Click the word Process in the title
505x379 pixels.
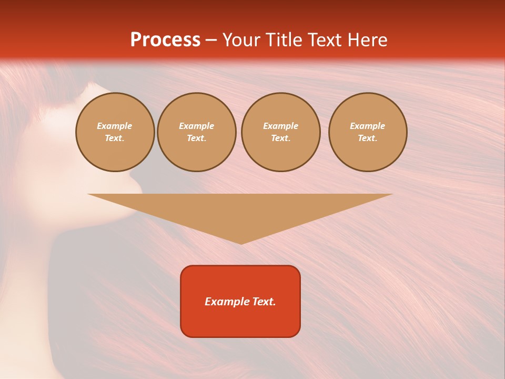tap(165, 40)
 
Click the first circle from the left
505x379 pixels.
tap(115, 132)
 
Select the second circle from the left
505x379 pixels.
tap(197, 132)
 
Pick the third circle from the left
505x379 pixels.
tap(280, 132)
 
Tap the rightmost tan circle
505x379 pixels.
tap(368, 132)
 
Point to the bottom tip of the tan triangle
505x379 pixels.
tap(241, 243)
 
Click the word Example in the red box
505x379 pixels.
tap(226, 302)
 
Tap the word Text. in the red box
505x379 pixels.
tap(263, 302)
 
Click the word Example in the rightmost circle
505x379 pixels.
tap(368, 126)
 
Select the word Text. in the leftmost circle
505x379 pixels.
tap(115, 138)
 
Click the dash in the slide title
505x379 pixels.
tap(211, 40)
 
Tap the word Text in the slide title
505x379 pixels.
tap(324, 40)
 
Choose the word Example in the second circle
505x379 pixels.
tap(197, 126)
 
